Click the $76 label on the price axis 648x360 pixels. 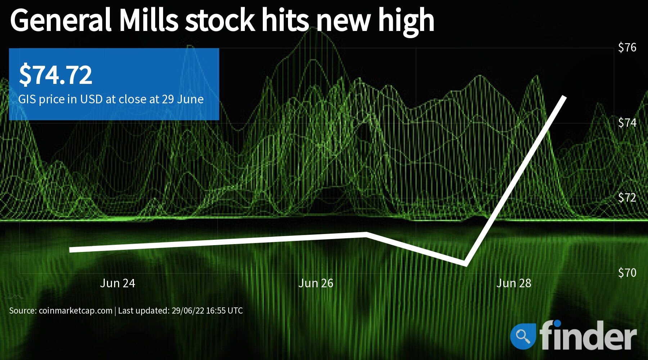click(x=627, y=48)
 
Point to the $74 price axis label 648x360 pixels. click(x=627, y=123)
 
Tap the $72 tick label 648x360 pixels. click(x=627, y=198)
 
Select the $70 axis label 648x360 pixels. click(x=627, y=273)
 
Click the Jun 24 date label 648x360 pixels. click(x=117, y=283)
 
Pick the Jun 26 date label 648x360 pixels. click(x=316, y=283)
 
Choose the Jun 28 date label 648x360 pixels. click(x=514, y=283)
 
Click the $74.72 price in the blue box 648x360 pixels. click(x=55, y=75)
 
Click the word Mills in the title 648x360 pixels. click(x=149, y=21)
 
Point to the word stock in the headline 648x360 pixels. click(x=220, y=21)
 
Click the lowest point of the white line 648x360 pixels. click(x=466, y=264)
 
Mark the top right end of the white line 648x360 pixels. click(x=564, y=97)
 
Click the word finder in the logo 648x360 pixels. click(x=588, y=335)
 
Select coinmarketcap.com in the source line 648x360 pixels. click(x=76, y=311)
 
